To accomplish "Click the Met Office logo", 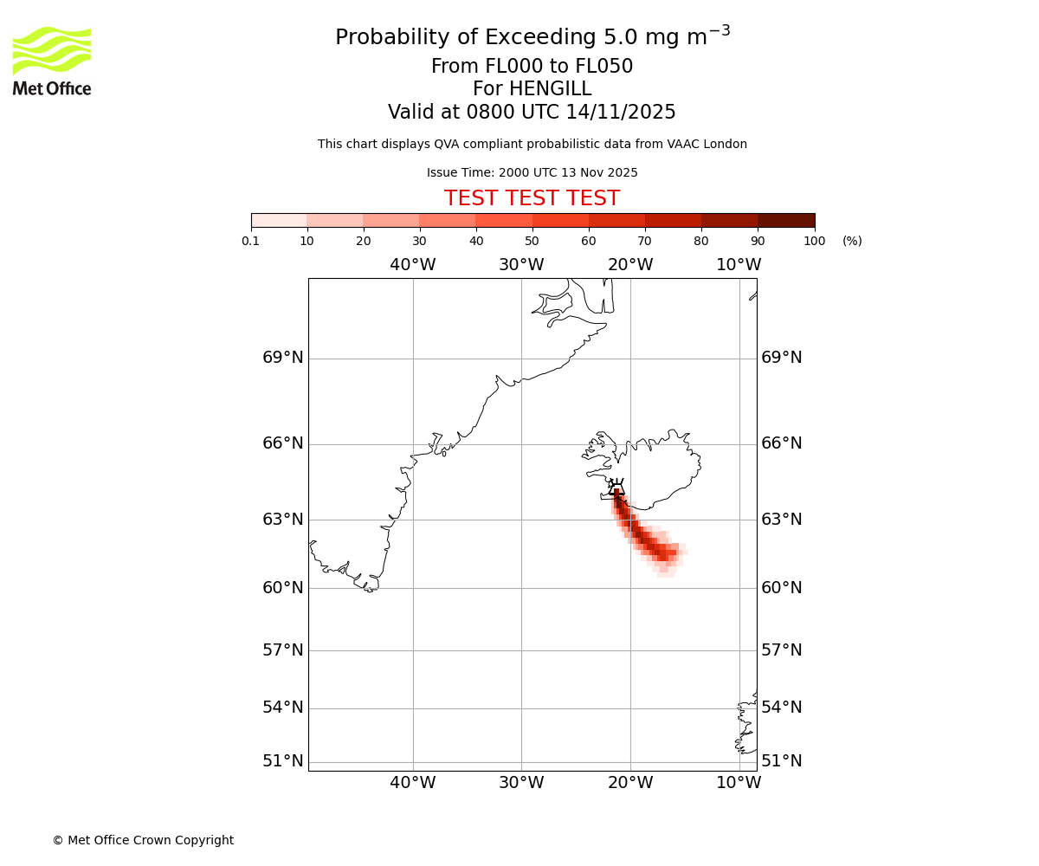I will [52, 61].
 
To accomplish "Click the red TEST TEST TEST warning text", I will [532, 198].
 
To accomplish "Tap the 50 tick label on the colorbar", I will [532, 241].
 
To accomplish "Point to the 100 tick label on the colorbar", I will [814, 241].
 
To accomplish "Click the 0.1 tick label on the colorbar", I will [251, 241].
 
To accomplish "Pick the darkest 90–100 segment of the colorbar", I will [786, 220].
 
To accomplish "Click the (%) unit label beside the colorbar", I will [852, 241].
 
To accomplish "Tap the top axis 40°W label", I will [412, 265].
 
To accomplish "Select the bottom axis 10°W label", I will [739, 783].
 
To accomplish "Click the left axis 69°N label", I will [283, 358].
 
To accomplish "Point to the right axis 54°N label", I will [781, 708].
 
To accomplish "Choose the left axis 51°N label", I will [283, 761].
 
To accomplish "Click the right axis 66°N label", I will [781, 443].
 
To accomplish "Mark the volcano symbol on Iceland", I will [616, 488].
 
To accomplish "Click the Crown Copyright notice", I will [143, 840].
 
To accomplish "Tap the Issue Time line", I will [532, 172].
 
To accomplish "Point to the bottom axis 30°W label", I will [521, 783].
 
